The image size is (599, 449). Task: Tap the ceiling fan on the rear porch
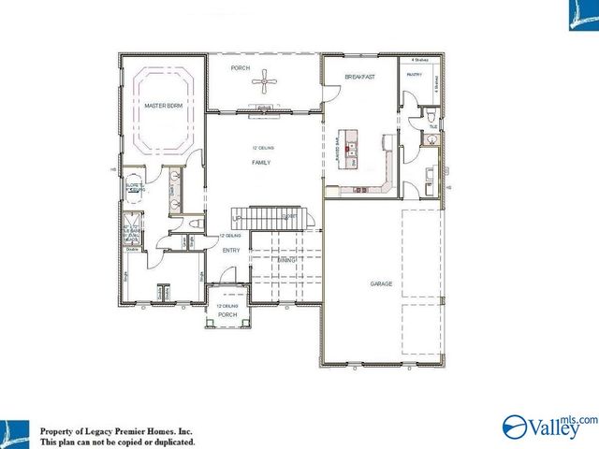pyautogui.click(x=269, y=83)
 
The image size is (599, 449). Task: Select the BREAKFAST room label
pyautogui.click(x=359, y=77)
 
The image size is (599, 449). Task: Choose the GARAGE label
pyautogui.click(x=381, y=283)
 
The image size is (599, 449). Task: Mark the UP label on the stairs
pyautogui.click(x=237, y=220)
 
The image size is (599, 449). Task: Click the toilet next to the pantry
pyautogui.click(x=431, y=116)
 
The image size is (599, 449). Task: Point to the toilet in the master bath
pyautogui.click(x=195, y=224)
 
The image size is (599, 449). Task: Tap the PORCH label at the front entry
pyautogui.click(x=228, y=315)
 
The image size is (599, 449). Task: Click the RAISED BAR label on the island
pyautogui.click(x=338, y=151)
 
